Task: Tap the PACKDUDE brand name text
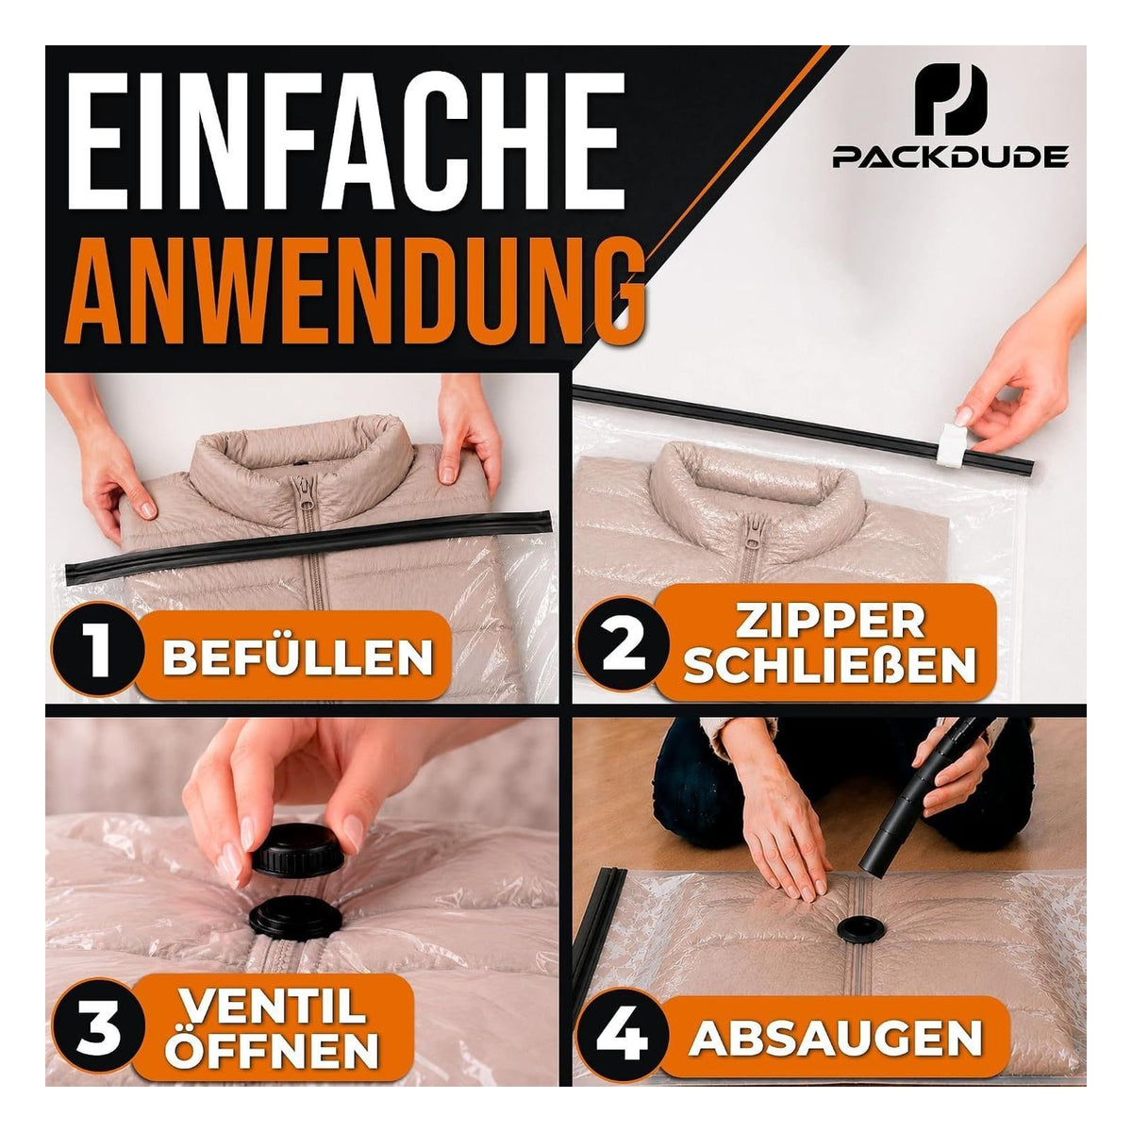[x=950, y=158]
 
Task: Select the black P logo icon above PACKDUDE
[x=950, y=100]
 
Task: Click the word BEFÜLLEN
[x=297, y=657]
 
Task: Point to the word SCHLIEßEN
[x=830, y=665]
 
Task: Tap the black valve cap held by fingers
[x=298, y=850]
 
